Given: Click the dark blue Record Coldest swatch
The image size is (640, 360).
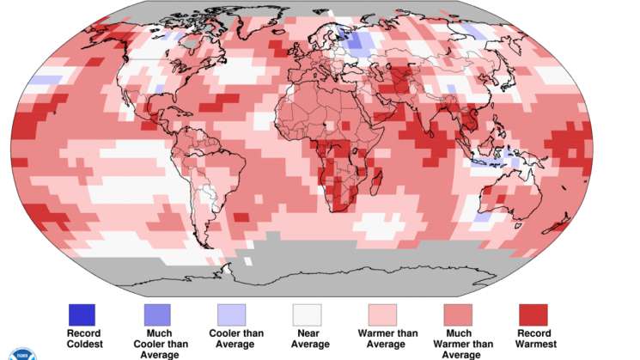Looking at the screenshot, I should point(82,314).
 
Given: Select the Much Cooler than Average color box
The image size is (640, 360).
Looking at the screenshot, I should point(157,314).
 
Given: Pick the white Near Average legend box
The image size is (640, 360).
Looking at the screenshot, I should point(307,314).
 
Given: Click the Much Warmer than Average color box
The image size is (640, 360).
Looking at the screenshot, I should point(457,314).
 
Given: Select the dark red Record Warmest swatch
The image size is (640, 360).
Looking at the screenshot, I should point(533,314).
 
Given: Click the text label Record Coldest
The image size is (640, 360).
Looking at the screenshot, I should point(83,339).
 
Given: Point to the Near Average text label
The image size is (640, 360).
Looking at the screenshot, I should point(309,339).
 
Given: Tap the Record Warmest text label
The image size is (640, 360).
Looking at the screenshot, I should point(533,339).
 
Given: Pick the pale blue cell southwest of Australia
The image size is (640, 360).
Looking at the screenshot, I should point(483,218).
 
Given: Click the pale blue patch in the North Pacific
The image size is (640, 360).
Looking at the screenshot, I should point(47,80).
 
